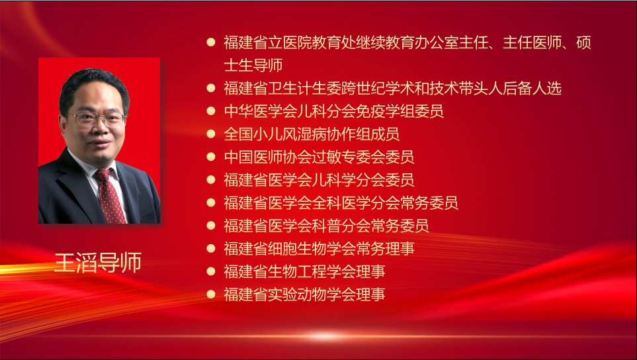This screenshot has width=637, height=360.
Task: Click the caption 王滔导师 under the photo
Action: (98, 263)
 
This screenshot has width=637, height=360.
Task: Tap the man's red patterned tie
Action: (110, 196)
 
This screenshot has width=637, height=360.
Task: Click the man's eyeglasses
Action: (97, 118)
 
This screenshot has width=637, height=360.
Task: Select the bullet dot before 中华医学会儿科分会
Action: (211, 111)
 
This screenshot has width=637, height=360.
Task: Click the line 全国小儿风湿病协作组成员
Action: (312, 134)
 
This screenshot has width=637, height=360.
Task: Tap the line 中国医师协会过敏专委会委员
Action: (319, 157)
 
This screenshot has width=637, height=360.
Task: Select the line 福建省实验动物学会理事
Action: (304, 294)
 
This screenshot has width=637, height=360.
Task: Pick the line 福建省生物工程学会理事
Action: (304, 271)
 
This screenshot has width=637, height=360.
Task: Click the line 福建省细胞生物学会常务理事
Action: (319, 249)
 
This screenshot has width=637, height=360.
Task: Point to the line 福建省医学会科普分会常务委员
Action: (326, 226)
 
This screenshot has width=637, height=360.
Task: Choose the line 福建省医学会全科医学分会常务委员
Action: (341, 202)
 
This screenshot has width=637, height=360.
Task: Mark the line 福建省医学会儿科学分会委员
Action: (319, 180)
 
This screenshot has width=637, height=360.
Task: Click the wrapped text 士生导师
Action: (253, 65)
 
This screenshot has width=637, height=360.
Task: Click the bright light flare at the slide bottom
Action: (323, 336)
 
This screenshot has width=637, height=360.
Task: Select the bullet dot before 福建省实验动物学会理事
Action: (211, 294)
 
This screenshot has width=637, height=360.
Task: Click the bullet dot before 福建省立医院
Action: (211, 42)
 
